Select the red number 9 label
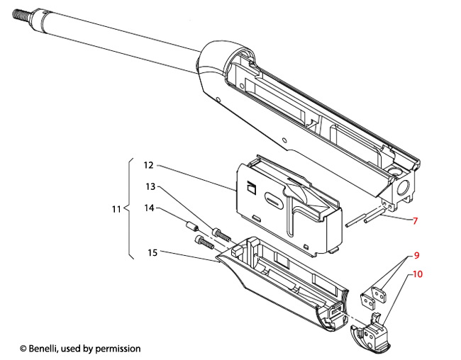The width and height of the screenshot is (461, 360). point(416,255)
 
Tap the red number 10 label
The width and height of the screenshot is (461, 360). point(418,273)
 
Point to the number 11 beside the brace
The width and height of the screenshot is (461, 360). point(116,210)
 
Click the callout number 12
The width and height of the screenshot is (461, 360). point(148,165)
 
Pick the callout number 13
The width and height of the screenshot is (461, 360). point(150,186)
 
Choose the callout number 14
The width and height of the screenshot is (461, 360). point(150,208)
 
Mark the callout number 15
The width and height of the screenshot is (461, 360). point(152,252)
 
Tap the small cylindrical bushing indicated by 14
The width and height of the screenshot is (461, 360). point(190,229)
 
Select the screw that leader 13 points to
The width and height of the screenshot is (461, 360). point(221,234)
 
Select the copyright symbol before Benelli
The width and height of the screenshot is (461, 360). point(23,349)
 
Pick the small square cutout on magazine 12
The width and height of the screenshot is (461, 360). point(250,189)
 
